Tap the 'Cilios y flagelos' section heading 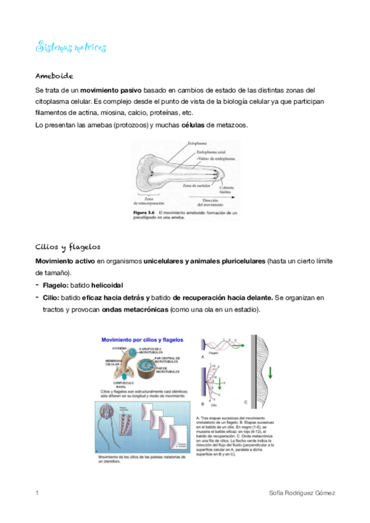tap(68, 246)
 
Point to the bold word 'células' tap(196, 125)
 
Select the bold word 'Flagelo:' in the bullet tap(56, 286)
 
